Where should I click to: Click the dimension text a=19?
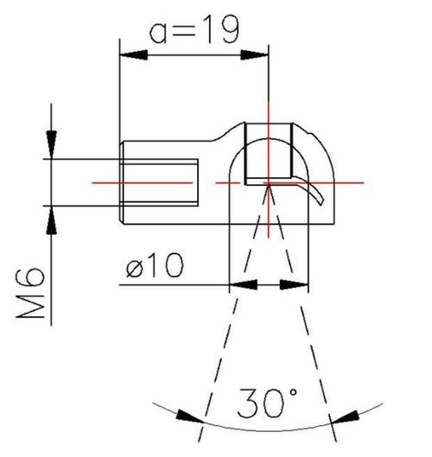[x=194, y=29]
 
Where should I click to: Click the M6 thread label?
[x=30, y=293]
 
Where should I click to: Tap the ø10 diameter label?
[x=155, y=265]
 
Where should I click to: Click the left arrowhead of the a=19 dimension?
[x=134, y=54]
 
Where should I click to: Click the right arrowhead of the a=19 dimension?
[x=254, y=54]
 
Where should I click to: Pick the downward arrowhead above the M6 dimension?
[x=52, y=144]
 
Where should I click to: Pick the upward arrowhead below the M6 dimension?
[x=52, y=220]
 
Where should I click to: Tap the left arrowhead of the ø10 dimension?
[x=244, y=285]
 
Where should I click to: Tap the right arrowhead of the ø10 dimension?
[x=294, y=285]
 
